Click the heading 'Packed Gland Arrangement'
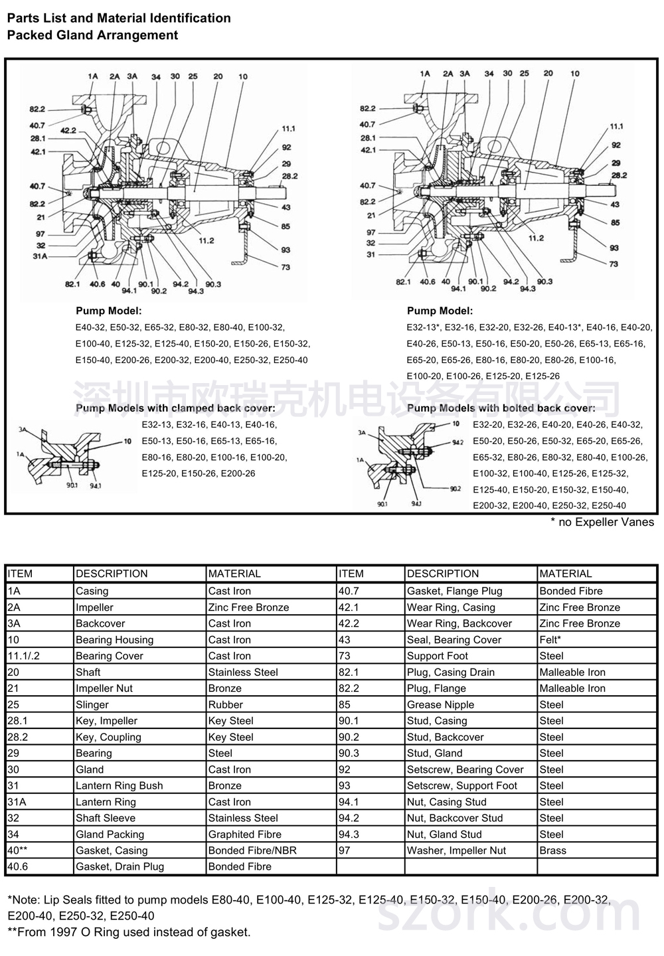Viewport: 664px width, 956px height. pos(92,35)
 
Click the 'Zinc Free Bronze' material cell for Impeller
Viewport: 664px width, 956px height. pos(248,607)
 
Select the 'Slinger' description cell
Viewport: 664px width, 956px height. pos(92,704)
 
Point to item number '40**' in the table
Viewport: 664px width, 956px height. pos(18,850)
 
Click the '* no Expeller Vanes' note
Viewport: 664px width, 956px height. pos(602,522)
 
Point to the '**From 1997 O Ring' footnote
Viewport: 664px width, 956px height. pos(129,932)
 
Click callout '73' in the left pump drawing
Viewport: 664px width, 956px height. pos(286,267)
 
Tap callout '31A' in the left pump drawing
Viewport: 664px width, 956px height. pos(41,256)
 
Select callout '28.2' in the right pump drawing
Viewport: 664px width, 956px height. pos(619,175)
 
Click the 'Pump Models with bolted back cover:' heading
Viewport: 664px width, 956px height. pos(501,408)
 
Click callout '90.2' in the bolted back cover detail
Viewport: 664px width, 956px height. pos(454,489)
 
